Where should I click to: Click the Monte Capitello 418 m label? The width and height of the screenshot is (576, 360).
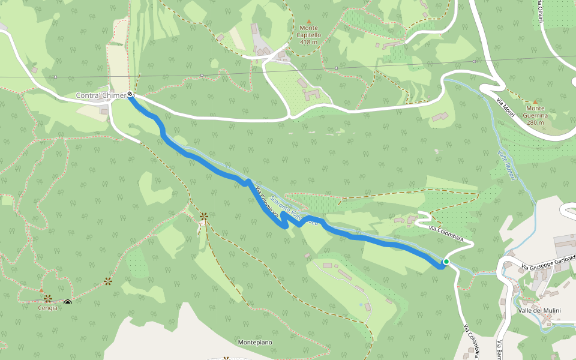point(310,35)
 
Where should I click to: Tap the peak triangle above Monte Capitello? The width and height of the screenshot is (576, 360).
point(310,21)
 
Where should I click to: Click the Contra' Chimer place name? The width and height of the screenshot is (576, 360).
point(100,96)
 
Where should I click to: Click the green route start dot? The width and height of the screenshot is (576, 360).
point(446,262)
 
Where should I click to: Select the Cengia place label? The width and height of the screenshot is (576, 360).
point(47,308)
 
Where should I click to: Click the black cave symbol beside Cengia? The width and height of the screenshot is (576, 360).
point(68,302)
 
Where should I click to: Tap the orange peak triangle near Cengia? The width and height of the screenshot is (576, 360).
point(41,290)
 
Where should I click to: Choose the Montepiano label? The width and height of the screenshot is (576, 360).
point(255,342)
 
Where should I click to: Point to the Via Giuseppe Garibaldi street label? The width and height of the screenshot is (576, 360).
point(548,262)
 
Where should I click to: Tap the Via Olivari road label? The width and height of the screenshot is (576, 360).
point(540,12)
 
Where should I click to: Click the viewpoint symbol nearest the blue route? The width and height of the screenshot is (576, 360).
point(203,216)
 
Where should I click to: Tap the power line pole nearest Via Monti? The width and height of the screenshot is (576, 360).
point(475,61)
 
